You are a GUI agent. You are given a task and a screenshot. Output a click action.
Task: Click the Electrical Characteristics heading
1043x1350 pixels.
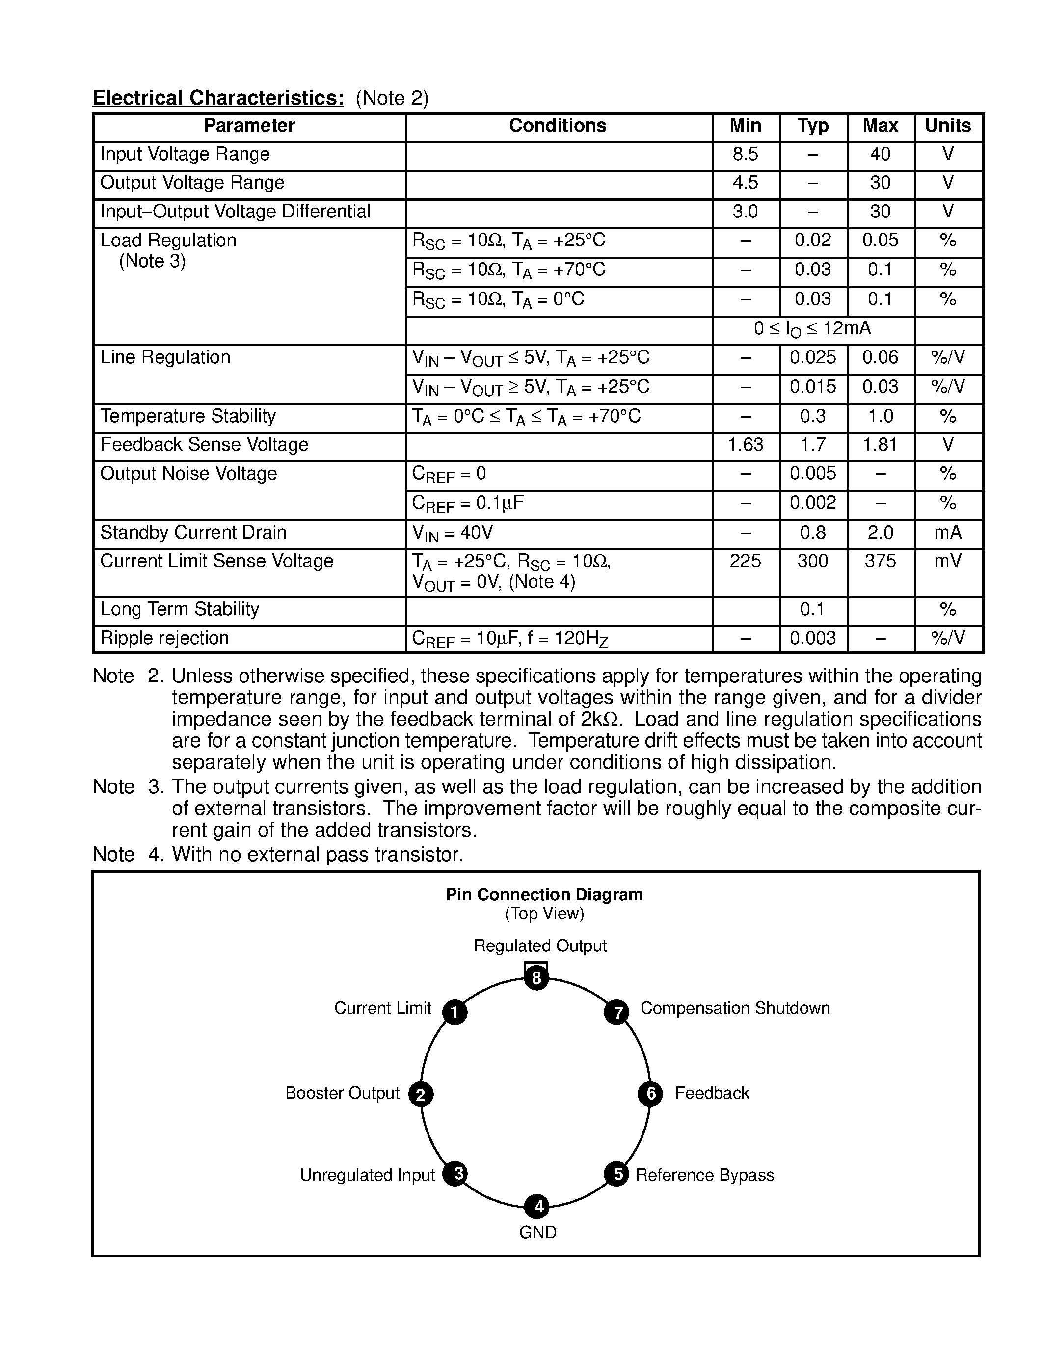(217, 98)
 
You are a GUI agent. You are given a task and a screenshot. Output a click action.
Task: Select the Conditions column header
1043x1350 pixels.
(558, 126)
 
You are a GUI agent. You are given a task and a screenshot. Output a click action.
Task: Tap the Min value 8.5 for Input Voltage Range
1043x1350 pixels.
(745, 155)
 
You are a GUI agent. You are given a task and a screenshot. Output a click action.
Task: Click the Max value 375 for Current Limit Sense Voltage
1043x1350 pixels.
(880, 561)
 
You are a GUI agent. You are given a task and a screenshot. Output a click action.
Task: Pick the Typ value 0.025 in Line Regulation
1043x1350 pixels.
(812, 358)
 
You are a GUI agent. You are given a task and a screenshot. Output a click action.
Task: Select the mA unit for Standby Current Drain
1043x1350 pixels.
(948, 533)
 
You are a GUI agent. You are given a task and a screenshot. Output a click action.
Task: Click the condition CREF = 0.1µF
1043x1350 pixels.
(468, 504)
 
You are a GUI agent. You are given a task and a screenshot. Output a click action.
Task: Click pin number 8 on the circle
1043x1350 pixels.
(536, 978)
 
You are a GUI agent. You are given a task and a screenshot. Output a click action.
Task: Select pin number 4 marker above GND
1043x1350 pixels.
(537, 1206)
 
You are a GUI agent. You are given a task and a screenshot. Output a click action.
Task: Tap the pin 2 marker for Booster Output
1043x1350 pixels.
(421, 1094)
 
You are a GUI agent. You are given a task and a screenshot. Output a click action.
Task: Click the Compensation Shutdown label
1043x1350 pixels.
(735, 1008)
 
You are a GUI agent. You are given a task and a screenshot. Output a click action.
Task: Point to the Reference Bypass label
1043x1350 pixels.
(704, 1175)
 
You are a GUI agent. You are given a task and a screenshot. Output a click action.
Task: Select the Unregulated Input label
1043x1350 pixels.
(367, 1175)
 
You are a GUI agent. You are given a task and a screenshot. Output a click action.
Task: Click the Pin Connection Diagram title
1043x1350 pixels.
(544, 895)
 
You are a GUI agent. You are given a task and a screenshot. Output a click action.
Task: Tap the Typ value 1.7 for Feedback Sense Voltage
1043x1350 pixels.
(812, 445)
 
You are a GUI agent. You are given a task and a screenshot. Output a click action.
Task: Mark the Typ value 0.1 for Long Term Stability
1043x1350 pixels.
(812, 610)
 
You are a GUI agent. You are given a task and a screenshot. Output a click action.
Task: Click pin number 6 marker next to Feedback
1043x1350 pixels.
(650, 1093)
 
